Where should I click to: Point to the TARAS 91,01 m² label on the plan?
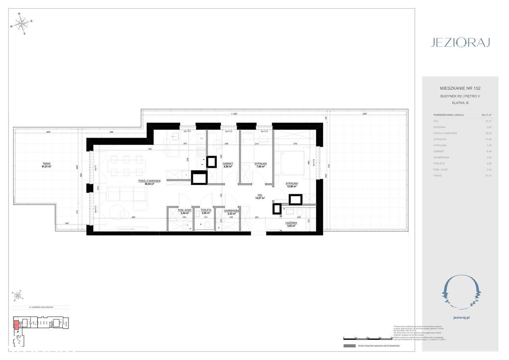(46, 165)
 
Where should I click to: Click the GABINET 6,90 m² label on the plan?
(227, 165)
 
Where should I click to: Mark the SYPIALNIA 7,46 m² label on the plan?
(260, 165)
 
